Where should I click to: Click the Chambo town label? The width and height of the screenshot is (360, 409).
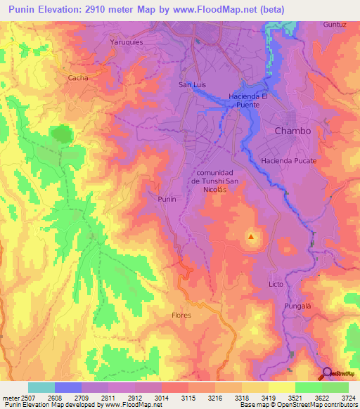pyautogui.click(x=292, y=131)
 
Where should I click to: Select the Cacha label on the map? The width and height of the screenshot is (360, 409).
pyautogui.click(x=78, y=78)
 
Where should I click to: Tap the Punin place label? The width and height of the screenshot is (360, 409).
pyautogui.click(x=167, y=200)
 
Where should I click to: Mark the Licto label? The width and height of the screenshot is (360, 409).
pyautogui.click(x=276, y=284)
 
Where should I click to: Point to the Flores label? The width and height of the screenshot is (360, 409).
pyautogui.click(x=181, y=316)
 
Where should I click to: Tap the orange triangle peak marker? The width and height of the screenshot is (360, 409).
pyautogui.click(x=251, y=237)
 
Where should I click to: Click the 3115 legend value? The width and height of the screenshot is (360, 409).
pyautogui.click(x=188, y=398)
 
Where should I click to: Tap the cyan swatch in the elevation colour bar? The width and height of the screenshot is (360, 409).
pyautogui.click(x=41, y=387)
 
